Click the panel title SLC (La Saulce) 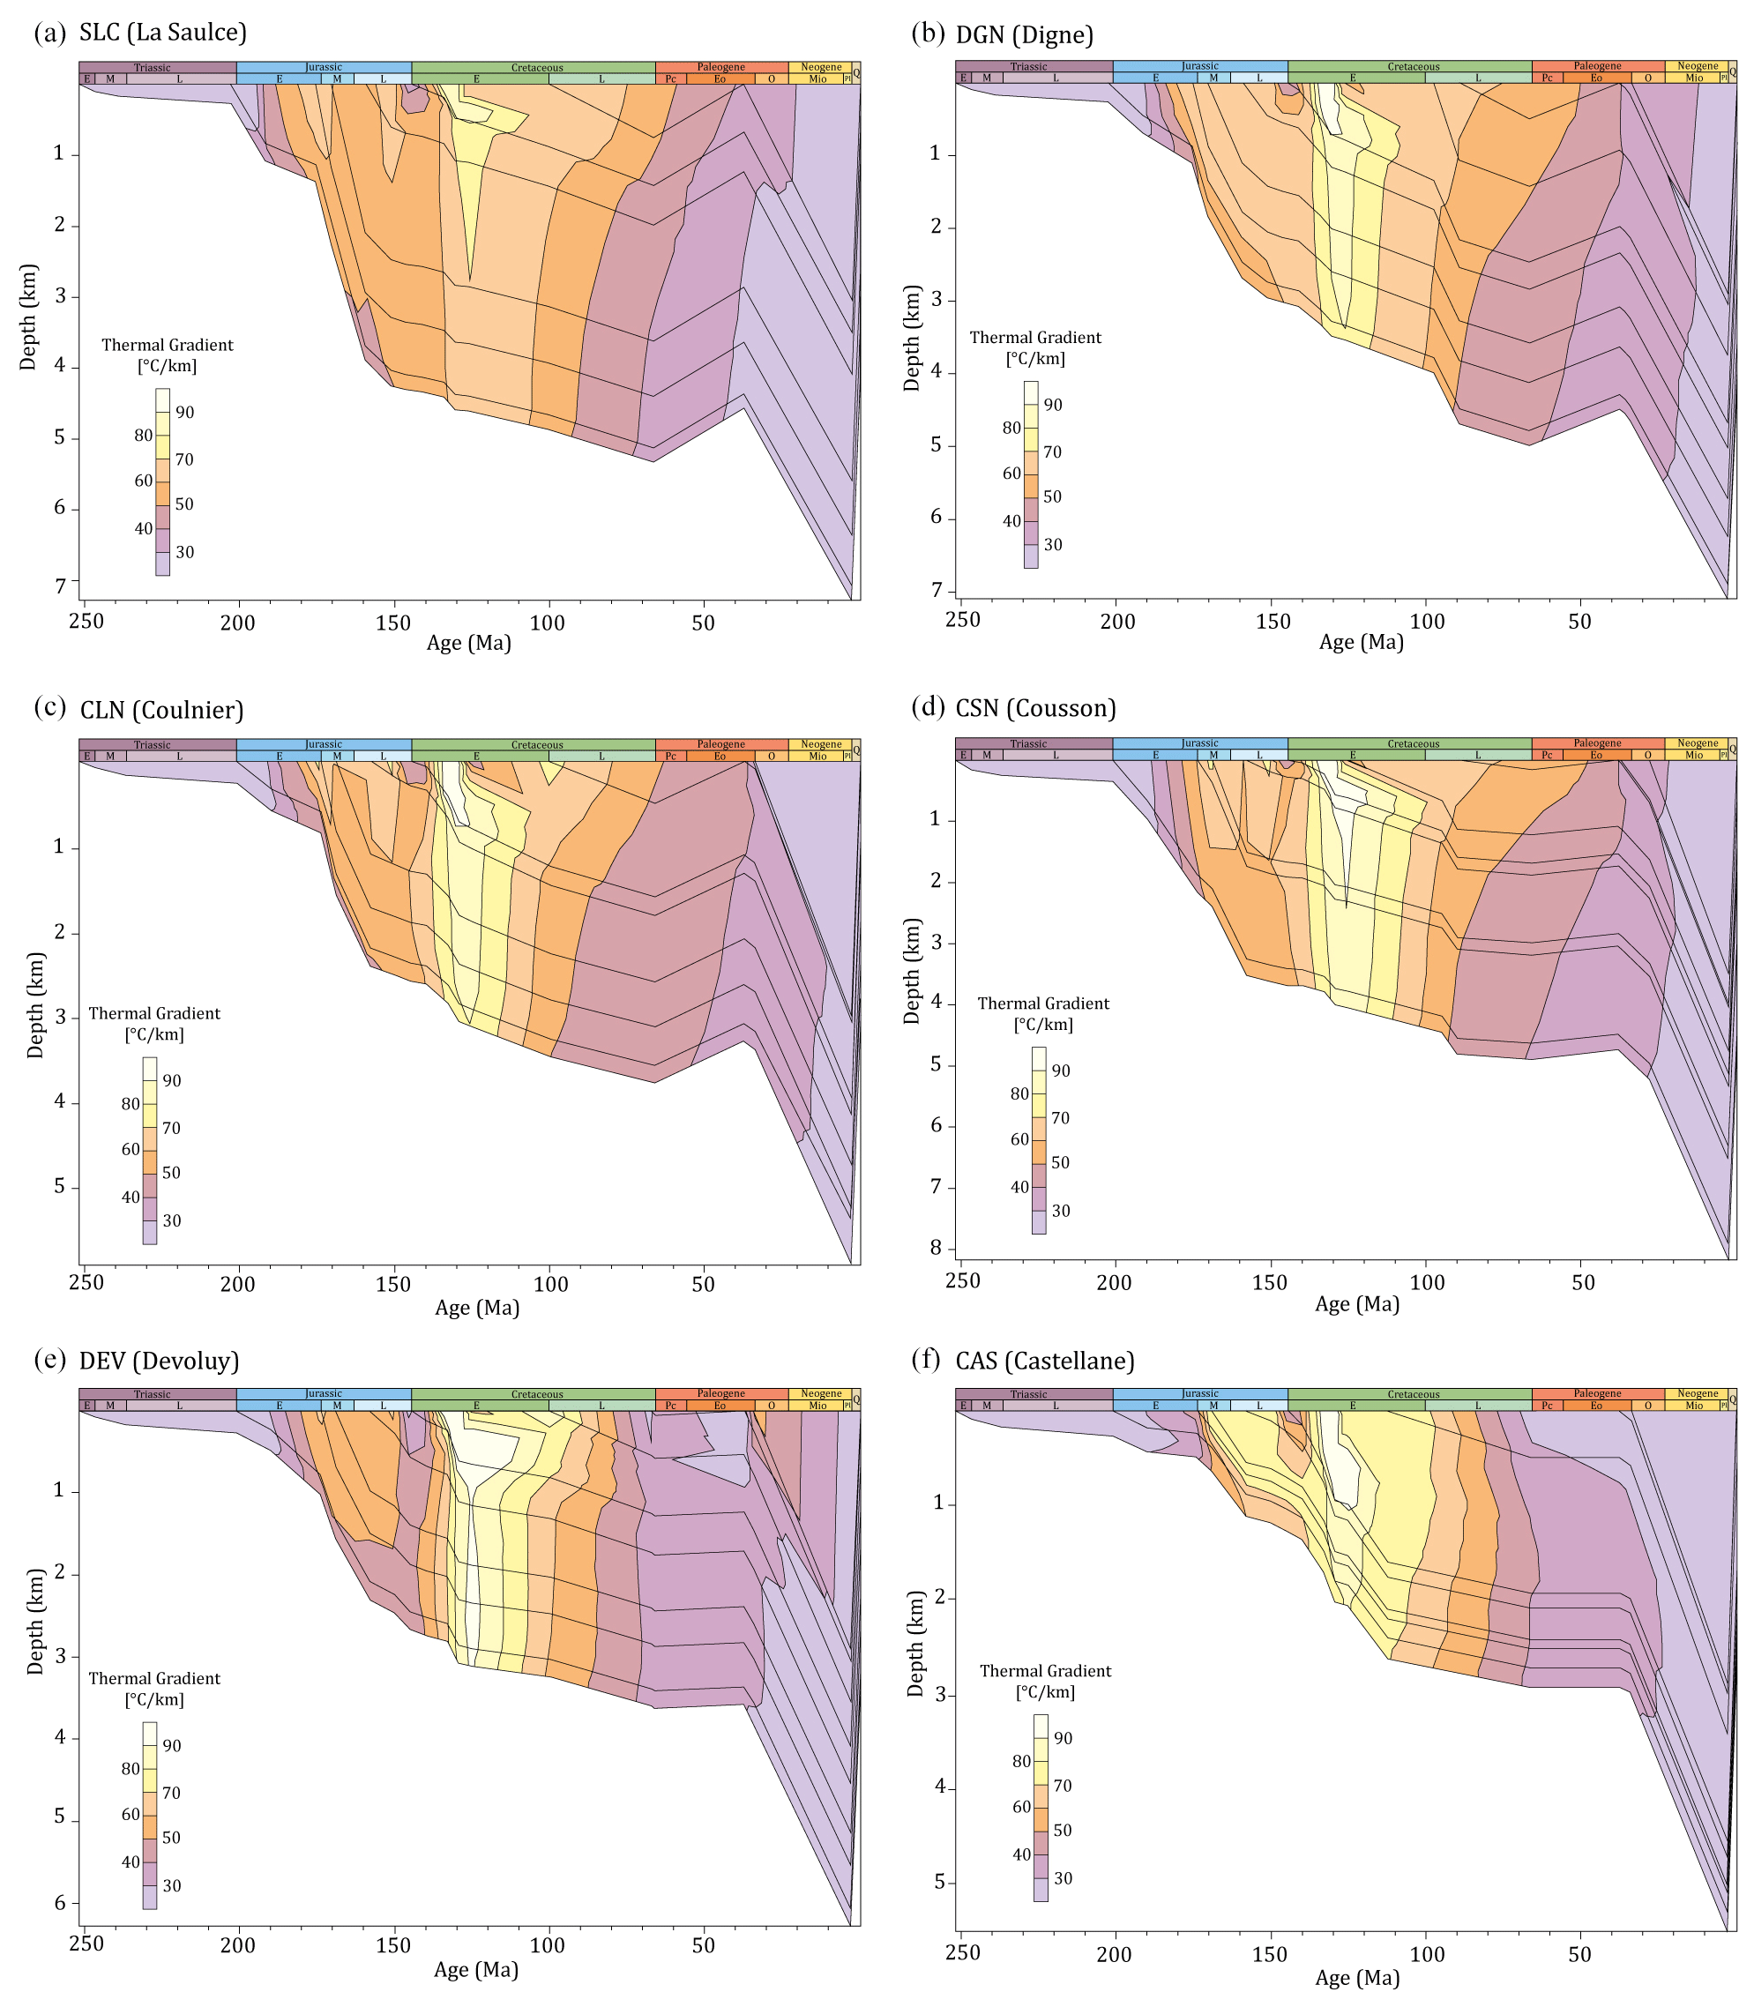pos(162,33)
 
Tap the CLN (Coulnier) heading pos(161,710)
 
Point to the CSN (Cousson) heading pos(1035,707)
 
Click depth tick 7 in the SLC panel pos(60,586)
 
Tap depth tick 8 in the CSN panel pos(937,1248)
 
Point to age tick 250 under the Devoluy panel pos(86,1944)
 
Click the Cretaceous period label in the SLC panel pos(536,68)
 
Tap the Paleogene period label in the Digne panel pos(1597,66)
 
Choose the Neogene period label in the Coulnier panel pos(820,744)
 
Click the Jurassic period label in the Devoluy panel pos(323,1393)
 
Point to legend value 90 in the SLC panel pos(184,413)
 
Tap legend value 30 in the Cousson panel pos(1060,1211)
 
